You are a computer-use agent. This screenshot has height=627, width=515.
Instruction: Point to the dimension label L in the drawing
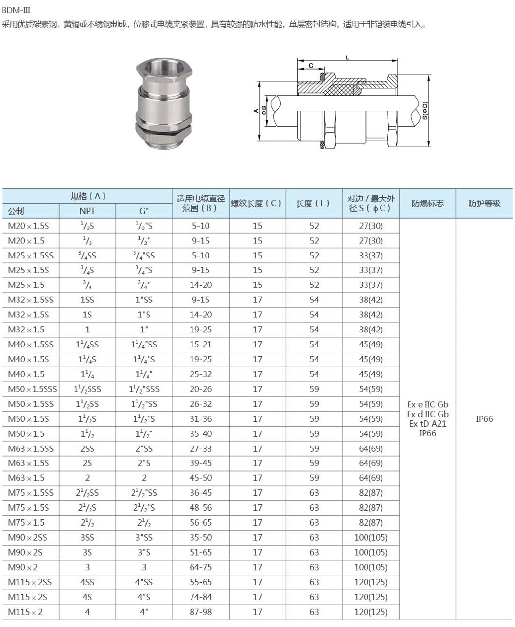point(347,58)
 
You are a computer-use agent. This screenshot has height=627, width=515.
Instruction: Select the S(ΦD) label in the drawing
point(425,110)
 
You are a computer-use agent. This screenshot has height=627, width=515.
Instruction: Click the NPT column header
point(87,211)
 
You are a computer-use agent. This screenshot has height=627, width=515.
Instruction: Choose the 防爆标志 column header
point(428,203)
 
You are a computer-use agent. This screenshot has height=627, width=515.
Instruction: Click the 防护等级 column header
point(484,203)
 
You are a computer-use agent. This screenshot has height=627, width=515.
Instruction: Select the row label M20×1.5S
point(28,226)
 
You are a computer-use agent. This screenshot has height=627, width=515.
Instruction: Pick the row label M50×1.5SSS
point(32,389)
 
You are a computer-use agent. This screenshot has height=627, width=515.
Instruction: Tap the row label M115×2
point(25,612)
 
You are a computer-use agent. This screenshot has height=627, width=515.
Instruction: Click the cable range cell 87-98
point(201,612)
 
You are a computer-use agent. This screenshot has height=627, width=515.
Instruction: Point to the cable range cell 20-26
point(201,389)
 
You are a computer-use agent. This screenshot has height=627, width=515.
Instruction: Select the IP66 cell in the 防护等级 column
point(484,419)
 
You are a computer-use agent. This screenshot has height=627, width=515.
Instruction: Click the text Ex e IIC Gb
point(428,404)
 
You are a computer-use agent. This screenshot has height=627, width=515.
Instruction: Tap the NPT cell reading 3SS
point(87,538)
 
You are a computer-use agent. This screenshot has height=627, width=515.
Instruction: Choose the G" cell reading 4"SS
point(144,582)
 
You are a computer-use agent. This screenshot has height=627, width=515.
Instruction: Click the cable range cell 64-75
point(201,567)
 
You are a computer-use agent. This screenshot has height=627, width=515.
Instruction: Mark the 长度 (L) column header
point(314,203)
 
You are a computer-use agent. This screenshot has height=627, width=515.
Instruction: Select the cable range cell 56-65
point(201,523)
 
